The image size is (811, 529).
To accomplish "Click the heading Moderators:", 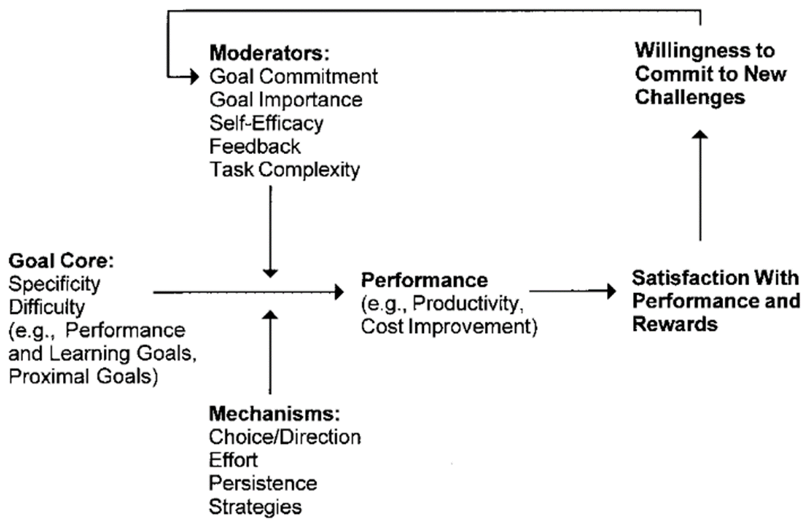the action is pyautogui.click(x=270, y=53).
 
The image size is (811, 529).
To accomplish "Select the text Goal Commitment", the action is pyautogui.click(x=293, y=76).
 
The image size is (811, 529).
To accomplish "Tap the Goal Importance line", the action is pyautogui.click(x=285, y=100).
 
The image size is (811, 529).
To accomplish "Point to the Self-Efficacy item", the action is pyautogui.click(x=266, y=123).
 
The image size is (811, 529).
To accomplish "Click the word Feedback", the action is pyautogui.click(x=255, y=146).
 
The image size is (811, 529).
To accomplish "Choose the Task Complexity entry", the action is pyautogui.click(x=285, y=170).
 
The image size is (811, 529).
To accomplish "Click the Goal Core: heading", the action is pyautogui.click(x=61, y=261).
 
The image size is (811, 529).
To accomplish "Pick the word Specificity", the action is pyautogui.click(x=54, y=284).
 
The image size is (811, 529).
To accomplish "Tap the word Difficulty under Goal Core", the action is pyautogui.click(x=47, y=307).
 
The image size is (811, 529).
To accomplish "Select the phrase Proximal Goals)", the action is pyautogui.click(x=83, y=377).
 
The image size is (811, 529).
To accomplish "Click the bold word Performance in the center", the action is pyautogui.click(x=425, y=280).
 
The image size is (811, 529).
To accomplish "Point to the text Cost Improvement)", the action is pyautogui.click(x=449, y=326).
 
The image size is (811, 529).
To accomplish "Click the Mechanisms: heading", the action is pyautogui.click(x=274, y=414).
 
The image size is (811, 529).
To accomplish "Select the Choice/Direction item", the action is pyautogui.click(x=285, y=437).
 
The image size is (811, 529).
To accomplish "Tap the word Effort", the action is pyautogui.click(x=234, y=460).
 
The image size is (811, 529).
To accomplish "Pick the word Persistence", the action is pyautogui.click(x=263, y=483).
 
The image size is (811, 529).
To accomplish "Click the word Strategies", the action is pyautogui.click(x=255, y=507).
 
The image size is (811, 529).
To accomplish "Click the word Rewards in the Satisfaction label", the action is pyautogui.click(x=675, y=324).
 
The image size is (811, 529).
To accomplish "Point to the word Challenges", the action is pyautogui.click(x=690, y=97).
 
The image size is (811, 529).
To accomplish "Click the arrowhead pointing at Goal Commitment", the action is pyautogui.click(x=195, y=77).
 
